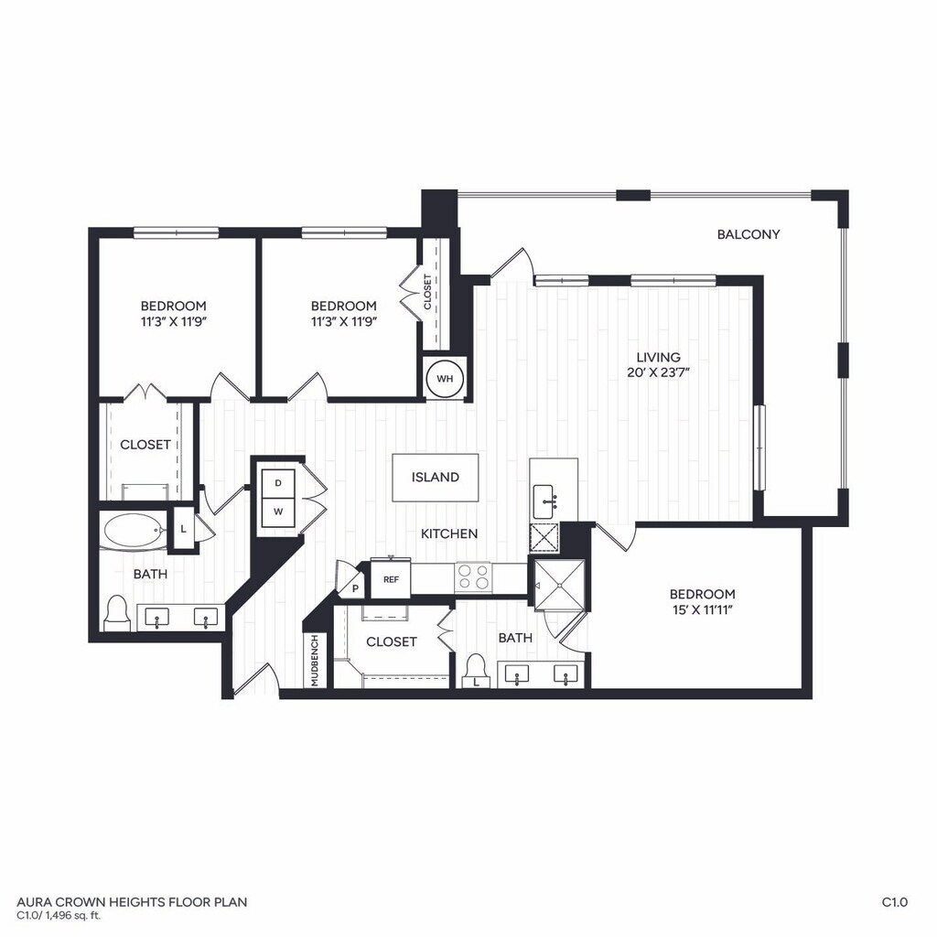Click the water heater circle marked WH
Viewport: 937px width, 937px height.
pyautogui.click(x=445, y=378)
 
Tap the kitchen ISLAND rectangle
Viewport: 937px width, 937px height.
pyautogui.click(x=435, y=478)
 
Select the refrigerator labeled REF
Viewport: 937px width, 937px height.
pyautogui.click(x=391, y=578)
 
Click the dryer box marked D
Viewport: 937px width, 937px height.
pyautogui.click(x=278, y=483)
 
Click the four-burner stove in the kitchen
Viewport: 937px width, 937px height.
pyautogui.click(x=473, y=576)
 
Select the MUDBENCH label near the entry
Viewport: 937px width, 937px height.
pyautogui.click(x=315, y=661)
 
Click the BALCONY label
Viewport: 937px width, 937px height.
pyautogui.click(x=749, y=234)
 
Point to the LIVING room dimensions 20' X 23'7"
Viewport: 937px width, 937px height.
pyautogui.click(x=659, y=373)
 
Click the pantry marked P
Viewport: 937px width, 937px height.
pyautogui.click(x=355, y=588)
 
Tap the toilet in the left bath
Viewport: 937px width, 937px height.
pyautogui.click(x=116, y=612)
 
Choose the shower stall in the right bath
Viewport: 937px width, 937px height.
pyautogui.click(x=559, y=585)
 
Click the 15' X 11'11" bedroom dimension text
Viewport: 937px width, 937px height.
pyautogui.click(x=702, y=610)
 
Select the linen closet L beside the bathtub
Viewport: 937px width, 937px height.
pyautogui.click(x=183, y=529)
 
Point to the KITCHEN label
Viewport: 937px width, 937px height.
pyautogui.click(x=449, y=533)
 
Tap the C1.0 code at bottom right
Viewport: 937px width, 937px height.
pyautogui.click(x=895, y=902)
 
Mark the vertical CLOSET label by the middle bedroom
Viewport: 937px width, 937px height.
pyautogui.click(x=427, y=292)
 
